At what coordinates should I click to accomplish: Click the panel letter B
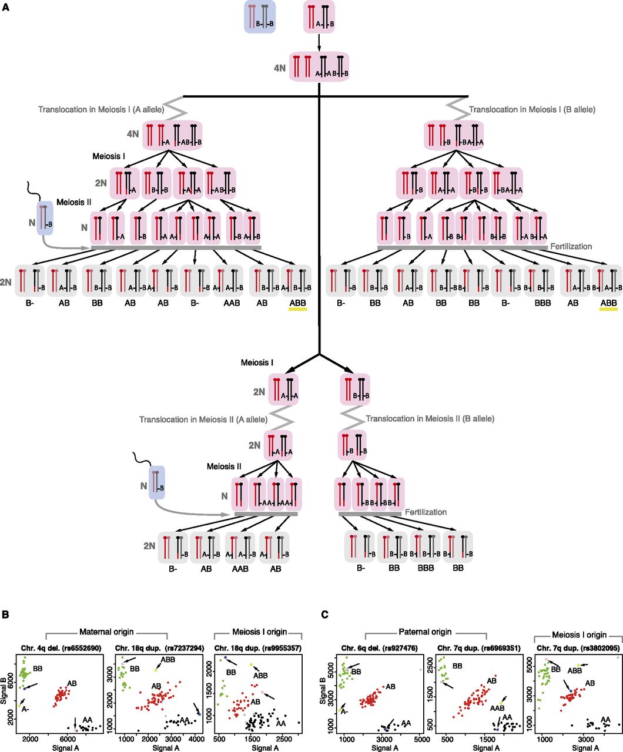[5, 615]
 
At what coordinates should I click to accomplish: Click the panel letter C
[325, 615]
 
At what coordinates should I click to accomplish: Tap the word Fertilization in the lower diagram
[426, 512]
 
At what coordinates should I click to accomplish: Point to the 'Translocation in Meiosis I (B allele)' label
[532, 110]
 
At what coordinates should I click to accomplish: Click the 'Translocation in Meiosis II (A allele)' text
[203, 419]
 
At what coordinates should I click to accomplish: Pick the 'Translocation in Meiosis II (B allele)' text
[430, 419]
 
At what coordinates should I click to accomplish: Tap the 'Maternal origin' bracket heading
[106, 632]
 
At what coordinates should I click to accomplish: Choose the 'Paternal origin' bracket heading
[426, 632]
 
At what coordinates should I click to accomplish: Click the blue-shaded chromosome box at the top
[260, 17]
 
